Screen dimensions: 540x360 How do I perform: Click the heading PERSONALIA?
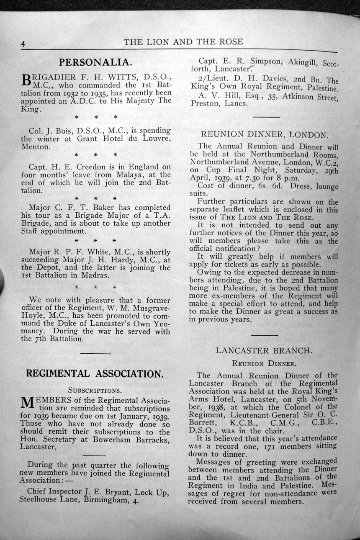coord(95,62)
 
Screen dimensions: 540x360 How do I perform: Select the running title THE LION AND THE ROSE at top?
coord(183,41)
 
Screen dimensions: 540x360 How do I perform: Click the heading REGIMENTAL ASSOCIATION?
coord(94,373)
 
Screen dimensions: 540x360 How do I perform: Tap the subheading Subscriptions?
coord(95,391)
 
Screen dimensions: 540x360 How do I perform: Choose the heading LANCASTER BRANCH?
coord(264,350)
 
